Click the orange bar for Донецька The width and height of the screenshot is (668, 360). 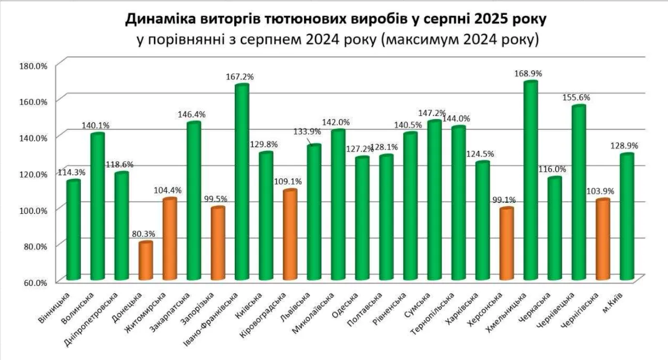pyautogui.click(x=146, y=261)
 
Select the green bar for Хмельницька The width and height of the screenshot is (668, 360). pyautogui.click(x=531, y=181)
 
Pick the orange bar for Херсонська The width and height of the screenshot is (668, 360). pyautogui.click(x=506, y=244)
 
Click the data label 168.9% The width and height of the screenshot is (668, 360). pyautogui.click(x=529, y=74)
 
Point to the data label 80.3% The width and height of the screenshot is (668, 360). pyautogui.click(x=144, y=233)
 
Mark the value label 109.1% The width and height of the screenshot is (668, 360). pyautogui.click(x=289, y=182)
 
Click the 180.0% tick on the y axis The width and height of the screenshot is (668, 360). pyautogui.click(x=33, y=66)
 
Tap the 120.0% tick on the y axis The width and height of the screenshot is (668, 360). pyautogui.click(x=33, y=174)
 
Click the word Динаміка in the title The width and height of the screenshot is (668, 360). pyautogui.click(x=157, y=20)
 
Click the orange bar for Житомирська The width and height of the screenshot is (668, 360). pyautogui.click(x=169, y=239)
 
